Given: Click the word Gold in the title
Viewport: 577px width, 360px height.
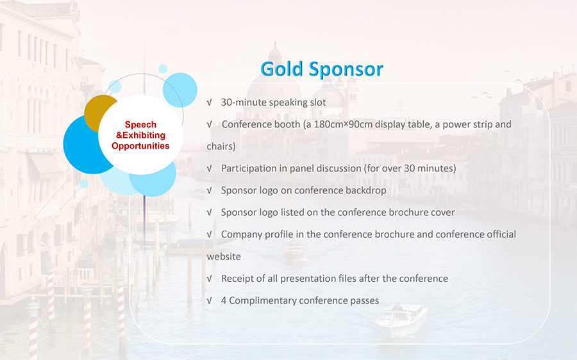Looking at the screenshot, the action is pyautogui.click(x=281, y=69).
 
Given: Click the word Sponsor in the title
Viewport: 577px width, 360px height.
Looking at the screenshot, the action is pyautogui.click(x=346, y=69).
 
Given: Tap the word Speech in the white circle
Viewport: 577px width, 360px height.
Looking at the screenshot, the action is pyautogui.click(x=140, y=125).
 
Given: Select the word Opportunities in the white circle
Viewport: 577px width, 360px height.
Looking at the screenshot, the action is pyautogui.click(x=140, y=146).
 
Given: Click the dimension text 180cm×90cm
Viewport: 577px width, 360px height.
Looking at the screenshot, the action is pyautogui.click(x=343, y=124).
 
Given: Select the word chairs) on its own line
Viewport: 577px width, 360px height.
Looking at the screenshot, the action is pyautogui.click(x=221, y=146).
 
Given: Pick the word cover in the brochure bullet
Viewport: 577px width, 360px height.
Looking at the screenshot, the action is pyautogui.click(x=442, y=213).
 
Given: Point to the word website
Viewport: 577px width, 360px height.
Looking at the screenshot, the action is pyautogui.click(x=224, y=256).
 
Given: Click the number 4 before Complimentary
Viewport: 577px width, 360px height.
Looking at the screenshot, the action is pyautogui.click(x=223, y=300).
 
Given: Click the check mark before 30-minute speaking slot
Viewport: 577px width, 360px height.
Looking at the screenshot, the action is pyautogui.click(x=210, y=102).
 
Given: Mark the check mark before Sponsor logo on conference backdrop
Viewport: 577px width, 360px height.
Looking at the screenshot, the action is pyautogui.click(x=210, y=190).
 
